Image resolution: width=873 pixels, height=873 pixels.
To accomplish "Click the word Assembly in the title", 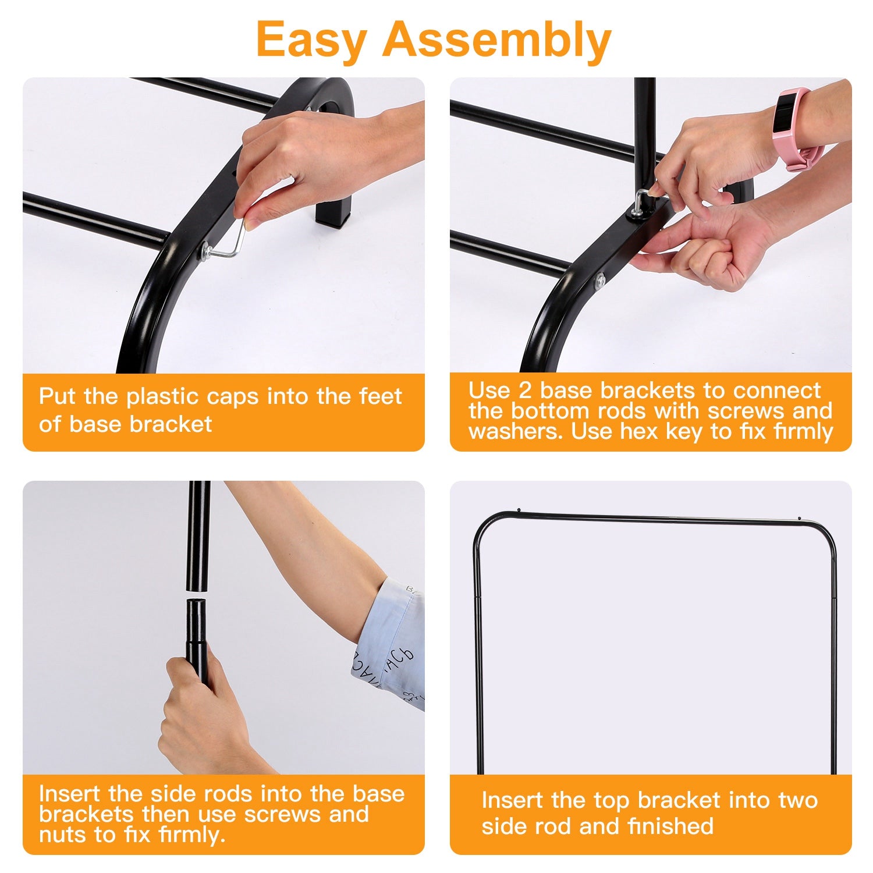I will [x=496, y=40].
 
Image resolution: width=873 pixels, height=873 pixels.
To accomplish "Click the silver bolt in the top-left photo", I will [x=207, y=251].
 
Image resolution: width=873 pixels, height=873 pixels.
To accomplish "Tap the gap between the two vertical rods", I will [x=198, y=595].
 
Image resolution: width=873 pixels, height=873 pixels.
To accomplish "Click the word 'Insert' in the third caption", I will [x=69, y=794].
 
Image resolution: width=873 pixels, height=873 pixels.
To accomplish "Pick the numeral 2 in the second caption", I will [x=525, y=390].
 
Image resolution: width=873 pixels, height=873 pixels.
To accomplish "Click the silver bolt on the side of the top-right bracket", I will [x=599, y=282].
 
